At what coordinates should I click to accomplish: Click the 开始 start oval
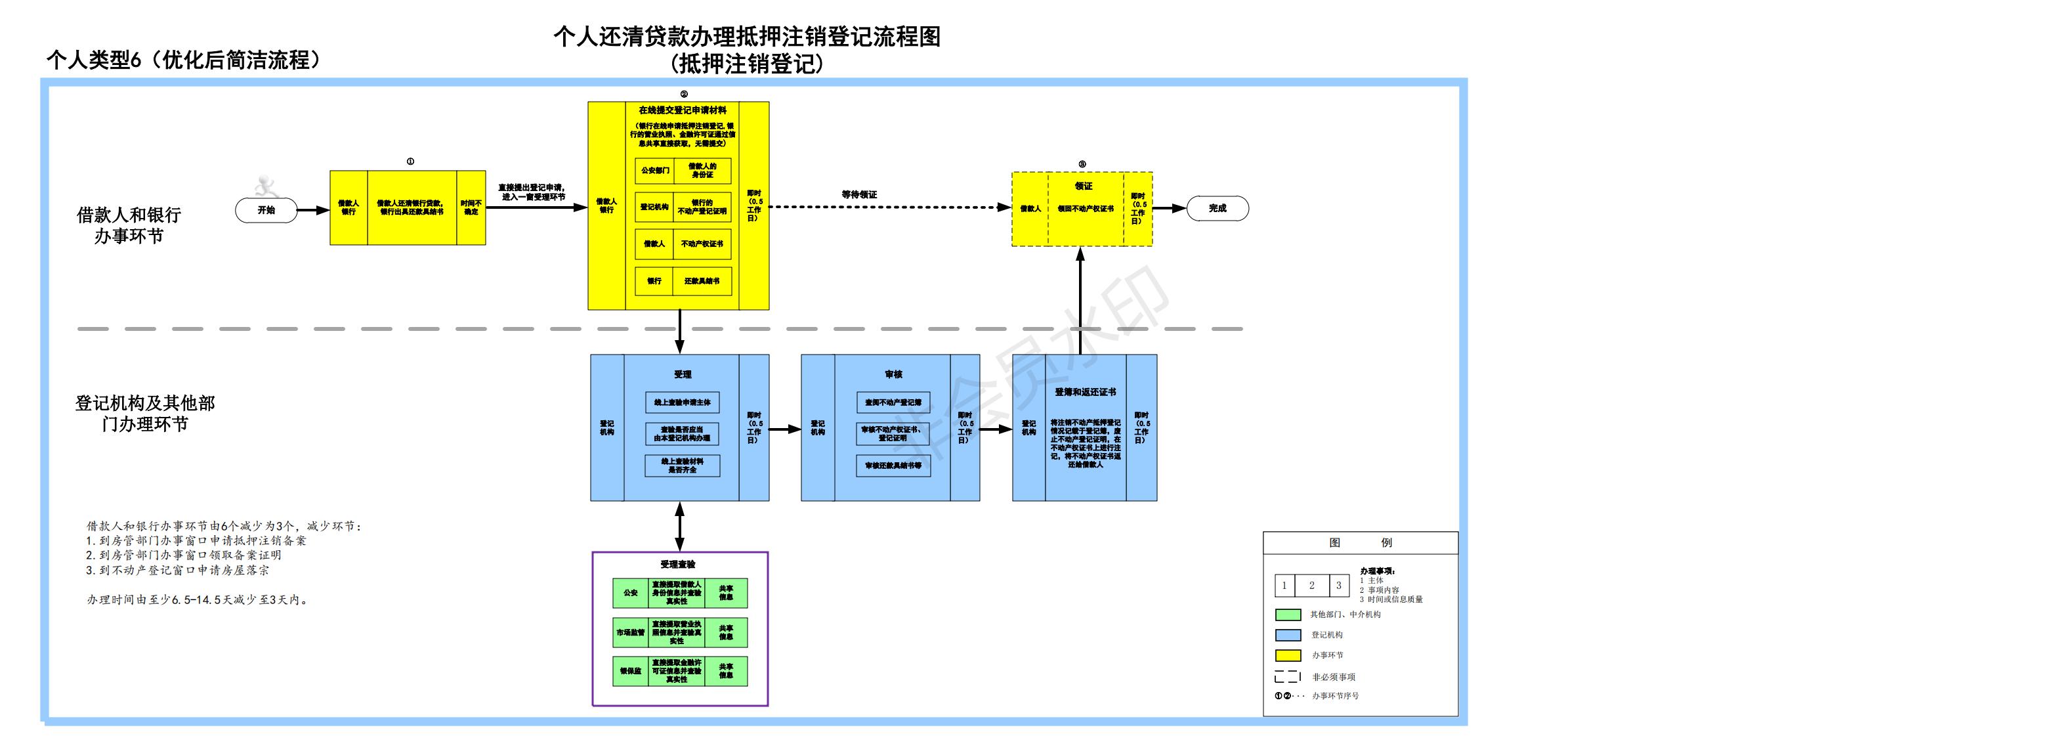coord(266,210)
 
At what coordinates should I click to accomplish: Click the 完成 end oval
coord(1217,209)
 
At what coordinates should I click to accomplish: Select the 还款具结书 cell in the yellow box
coord(702,281)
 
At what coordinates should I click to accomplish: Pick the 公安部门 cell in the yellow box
coord(655,171)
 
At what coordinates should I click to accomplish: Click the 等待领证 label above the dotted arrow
coord(859,194)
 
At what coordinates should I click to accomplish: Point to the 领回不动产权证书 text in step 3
coord(1086,209)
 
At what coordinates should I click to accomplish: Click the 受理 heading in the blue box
coord(682,374)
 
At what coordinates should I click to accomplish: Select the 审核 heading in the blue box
coord(893,374)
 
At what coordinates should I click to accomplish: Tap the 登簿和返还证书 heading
coord(1086,392)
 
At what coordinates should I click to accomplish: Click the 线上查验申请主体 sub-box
coord(682,402)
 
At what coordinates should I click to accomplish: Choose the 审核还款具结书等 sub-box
coord(893,466)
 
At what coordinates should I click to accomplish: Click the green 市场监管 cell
coord(630,633)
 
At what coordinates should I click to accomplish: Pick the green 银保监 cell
coord(630,671)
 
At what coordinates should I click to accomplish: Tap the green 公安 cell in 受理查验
coord(630,593)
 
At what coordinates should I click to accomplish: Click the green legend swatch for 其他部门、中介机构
coord(1288,615)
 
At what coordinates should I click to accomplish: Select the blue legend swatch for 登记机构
coord(1288,635)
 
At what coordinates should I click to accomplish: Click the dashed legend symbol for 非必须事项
coord(1288,678)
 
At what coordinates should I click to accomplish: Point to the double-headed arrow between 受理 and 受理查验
coord(680,526)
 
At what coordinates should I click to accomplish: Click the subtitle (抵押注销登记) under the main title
coord(747,64)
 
